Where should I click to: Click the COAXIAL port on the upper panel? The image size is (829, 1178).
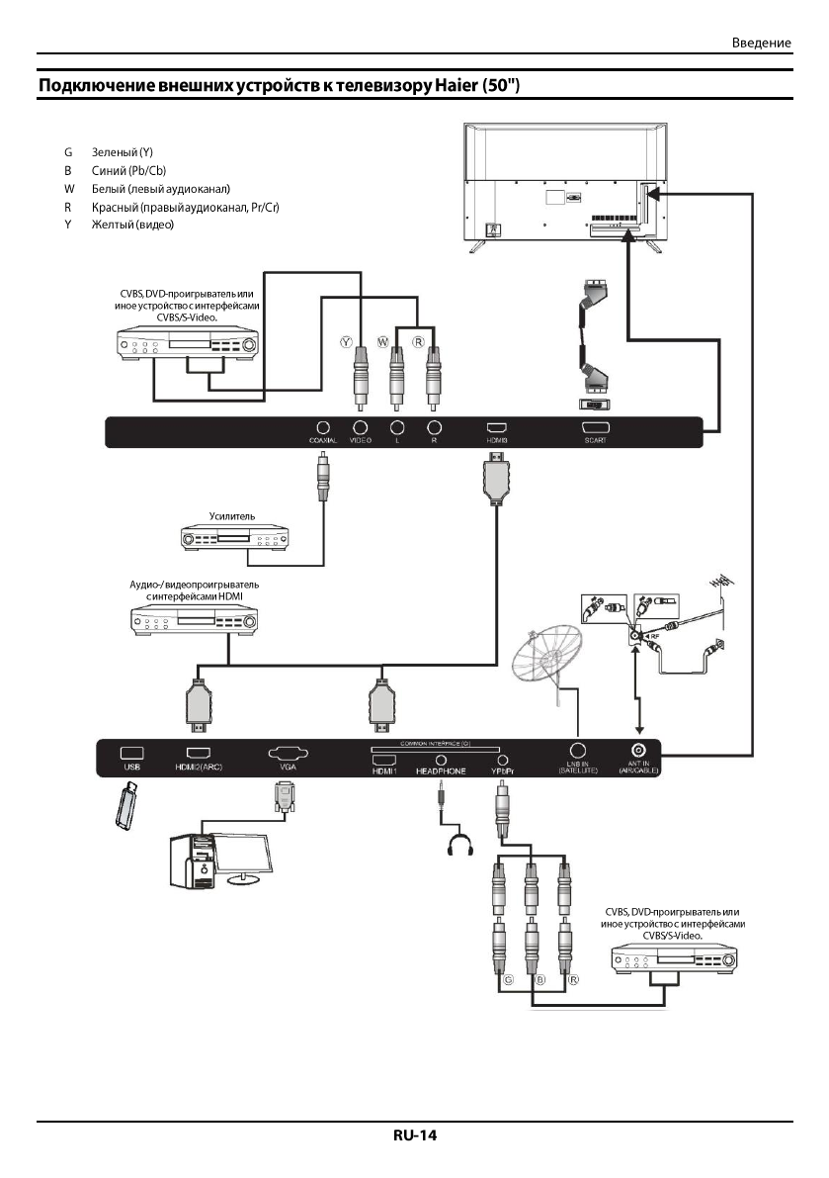[323, 426]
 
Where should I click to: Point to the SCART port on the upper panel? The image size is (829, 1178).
[596, 426]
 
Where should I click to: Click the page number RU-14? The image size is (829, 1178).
[414, 1135]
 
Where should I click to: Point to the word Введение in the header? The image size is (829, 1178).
[762, 44]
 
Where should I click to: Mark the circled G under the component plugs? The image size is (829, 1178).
[509, 980]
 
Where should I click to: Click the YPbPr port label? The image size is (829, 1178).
[504, 770]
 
